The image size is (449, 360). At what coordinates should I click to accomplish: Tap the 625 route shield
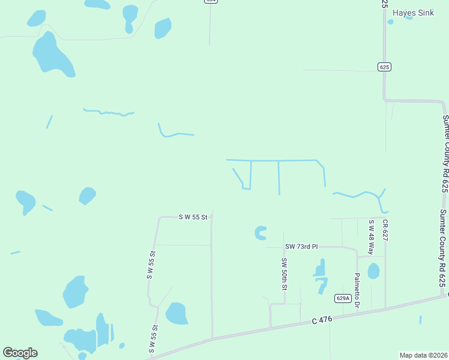385,67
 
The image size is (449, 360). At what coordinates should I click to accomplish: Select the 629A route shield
342,298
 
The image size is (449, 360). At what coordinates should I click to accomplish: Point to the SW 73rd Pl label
301,247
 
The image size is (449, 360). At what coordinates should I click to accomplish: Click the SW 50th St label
284,274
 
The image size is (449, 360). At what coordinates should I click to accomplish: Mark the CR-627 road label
385,230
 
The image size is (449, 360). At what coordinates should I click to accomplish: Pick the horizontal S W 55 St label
193,217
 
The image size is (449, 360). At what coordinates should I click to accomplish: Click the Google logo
20,353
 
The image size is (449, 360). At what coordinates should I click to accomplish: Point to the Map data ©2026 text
423,355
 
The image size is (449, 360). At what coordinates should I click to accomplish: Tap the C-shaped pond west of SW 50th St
260,233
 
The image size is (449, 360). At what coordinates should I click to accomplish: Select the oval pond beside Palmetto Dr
373,271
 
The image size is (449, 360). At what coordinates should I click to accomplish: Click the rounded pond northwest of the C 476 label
176,313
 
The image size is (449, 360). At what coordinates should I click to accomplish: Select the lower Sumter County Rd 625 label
442,247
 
